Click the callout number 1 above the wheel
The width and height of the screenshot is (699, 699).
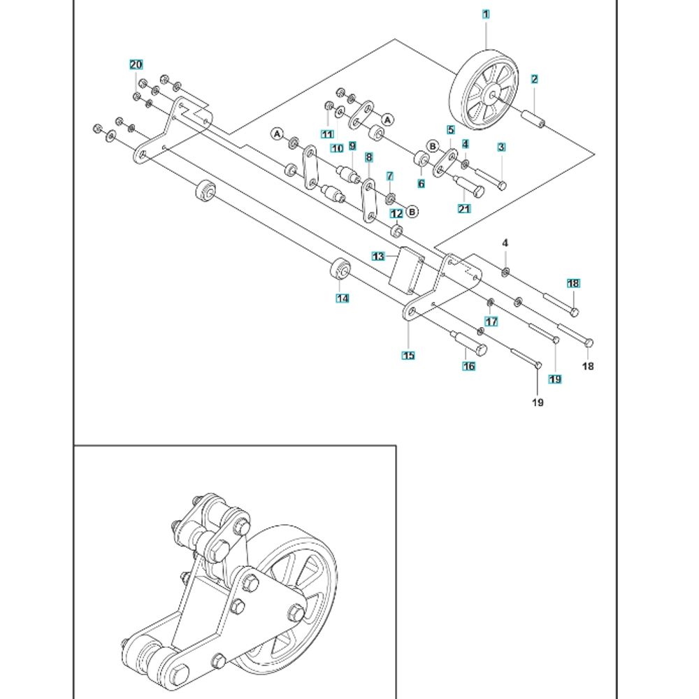(x=486, y=14)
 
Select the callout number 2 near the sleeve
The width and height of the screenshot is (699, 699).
(x=535, y=80)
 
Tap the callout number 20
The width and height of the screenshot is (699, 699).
(x=136, y=64)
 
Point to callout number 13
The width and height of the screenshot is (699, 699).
(x=378, y=257)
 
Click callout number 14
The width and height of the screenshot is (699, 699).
(x=342, y=298)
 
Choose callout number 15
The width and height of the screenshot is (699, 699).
(x=408, y=355)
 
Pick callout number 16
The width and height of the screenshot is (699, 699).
(x=468, y=366)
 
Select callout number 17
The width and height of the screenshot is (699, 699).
(x=491, y=322)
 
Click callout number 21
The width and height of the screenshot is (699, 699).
(x=464, y=208)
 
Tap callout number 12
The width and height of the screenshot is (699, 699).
(x=396, y=214)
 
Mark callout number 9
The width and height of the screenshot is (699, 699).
(x=352, y=146)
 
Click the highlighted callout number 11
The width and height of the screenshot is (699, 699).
(x=327, y=134)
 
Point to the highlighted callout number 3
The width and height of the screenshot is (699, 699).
(x=501, y=147)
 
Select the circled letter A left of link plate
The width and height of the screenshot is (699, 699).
(x=278, y=134)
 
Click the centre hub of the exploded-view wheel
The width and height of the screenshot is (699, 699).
(x=492, y=95)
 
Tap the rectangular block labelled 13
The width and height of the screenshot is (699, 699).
(x=406, y=270)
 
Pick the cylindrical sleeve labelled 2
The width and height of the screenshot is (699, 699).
(x=533, y=119)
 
